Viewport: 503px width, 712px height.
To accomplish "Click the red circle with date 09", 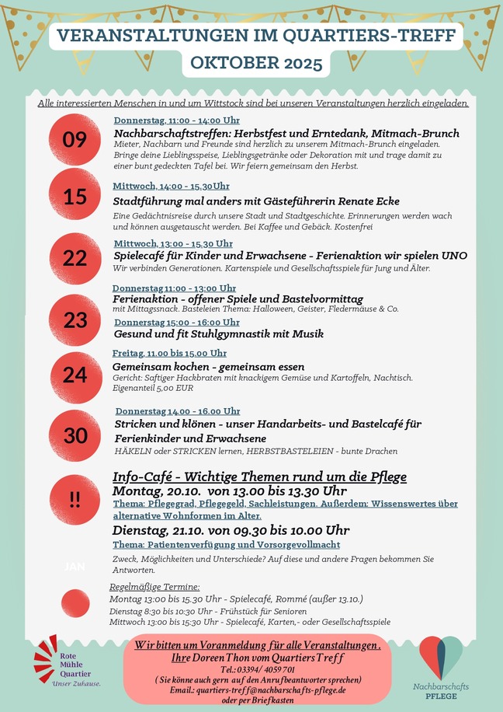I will [x=75, y=140].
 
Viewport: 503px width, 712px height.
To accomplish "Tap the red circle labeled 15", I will [x=75, y=197].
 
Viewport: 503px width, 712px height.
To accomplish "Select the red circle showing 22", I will [x=75, y=257].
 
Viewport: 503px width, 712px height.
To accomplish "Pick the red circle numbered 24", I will [x=75, y=375].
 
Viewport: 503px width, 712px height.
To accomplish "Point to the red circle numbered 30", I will [x=75, y=436].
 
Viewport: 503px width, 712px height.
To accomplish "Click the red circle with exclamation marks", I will [x=75, y=500].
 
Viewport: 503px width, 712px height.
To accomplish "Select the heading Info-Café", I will [x=147, y=476].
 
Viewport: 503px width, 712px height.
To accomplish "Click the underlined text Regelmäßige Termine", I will [x=154, y=587].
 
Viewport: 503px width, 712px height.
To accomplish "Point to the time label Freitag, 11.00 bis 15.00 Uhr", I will [x=169, y=353].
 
